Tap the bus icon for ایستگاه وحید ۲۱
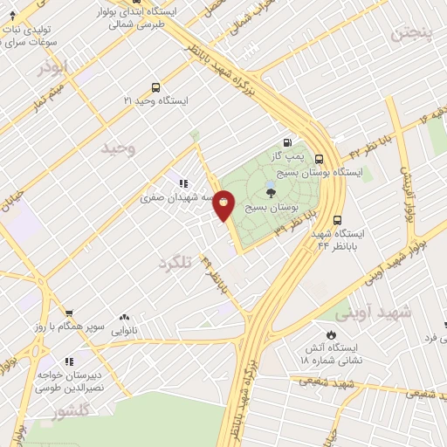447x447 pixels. pos(155,87)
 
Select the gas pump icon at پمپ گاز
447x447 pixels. pos(286,142)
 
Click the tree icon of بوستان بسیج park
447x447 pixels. pos(271,194)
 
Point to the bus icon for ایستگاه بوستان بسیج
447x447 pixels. pos(320,159)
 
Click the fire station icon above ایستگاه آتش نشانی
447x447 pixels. pos(331,334)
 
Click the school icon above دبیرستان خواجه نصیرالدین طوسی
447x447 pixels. pos(68,361)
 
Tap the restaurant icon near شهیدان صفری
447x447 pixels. pos(183,183)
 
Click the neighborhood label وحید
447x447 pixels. pos(119,148)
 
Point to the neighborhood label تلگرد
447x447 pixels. pos(174,261)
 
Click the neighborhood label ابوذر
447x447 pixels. pos(52,66)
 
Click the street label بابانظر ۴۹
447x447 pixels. pos(217,276)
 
